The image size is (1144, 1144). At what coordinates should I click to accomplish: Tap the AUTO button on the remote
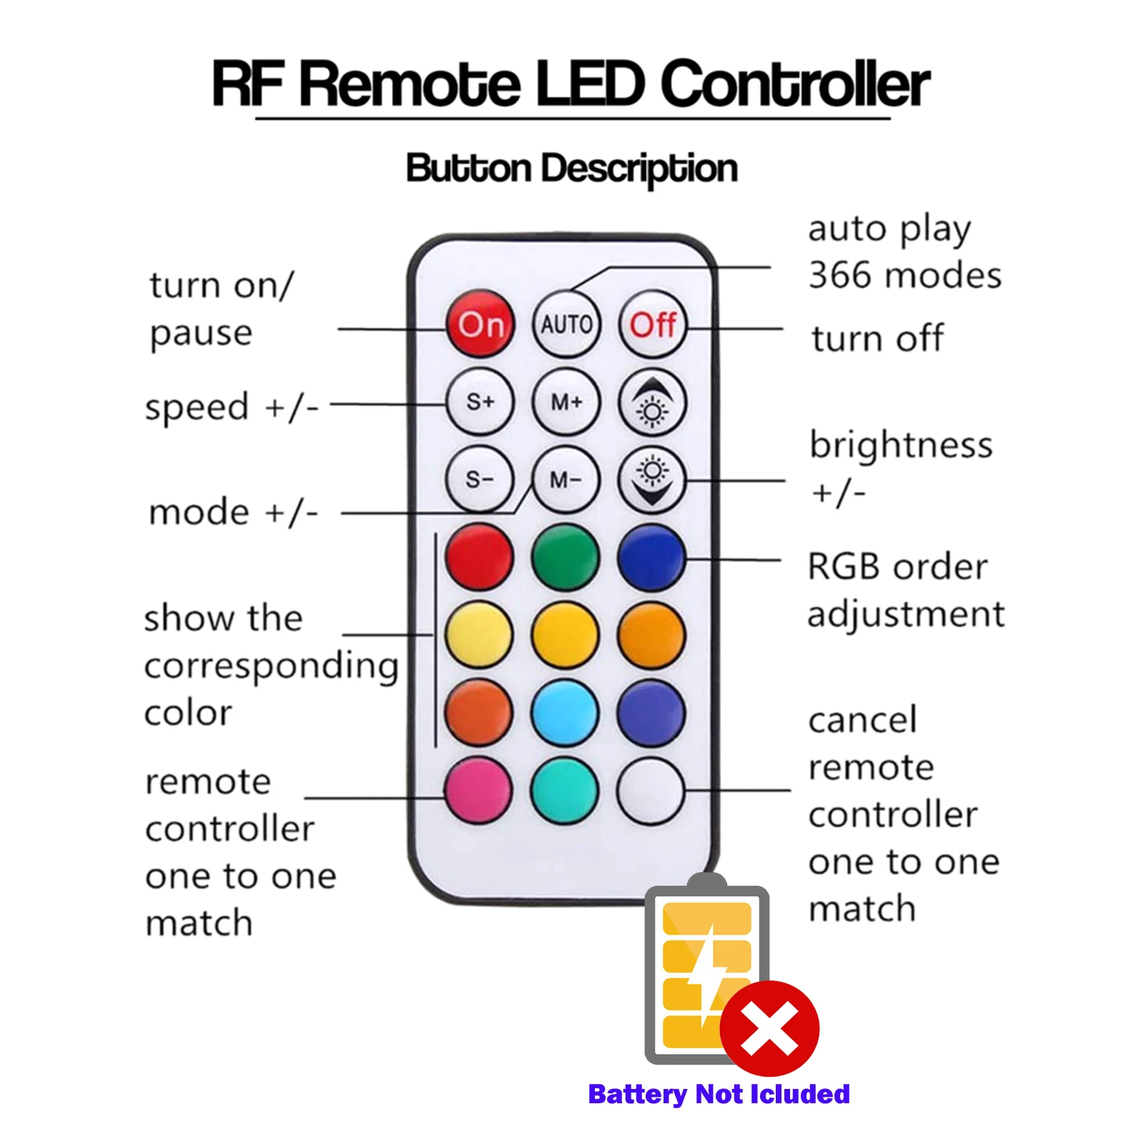tap(566, 325)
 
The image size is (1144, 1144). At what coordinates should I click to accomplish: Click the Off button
tap(652, 325)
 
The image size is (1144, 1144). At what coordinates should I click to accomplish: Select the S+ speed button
tap(480, 402)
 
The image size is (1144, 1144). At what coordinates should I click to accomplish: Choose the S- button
tap(479, 479)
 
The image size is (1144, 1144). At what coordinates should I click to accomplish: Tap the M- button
tap(566, 480)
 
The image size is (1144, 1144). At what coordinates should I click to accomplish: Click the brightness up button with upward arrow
tap(652, 403)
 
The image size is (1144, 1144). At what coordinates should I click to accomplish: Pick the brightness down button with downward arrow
tap(652, 480)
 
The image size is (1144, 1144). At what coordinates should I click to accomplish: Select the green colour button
tap(566, 557)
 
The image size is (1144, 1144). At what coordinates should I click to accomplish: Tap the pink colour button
tap(478, 790)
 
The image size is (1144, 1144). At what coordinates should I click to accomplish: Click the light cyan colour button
tap(566, 713)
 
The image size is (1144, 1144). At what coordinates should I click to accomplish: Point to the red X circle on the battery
tap(769, 1028)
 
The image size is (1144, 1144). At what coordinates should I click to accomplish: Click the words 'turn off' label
tap(877, 338)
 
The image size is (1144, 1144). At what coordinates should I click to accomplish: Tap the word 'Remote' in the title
tap(410, 84)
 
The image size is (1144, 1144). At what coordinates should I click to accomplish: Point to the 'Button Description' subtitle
tap(571, 169)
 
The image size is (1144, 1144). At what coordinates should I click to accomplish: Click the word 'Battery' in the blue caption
tap(637, 1094)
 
